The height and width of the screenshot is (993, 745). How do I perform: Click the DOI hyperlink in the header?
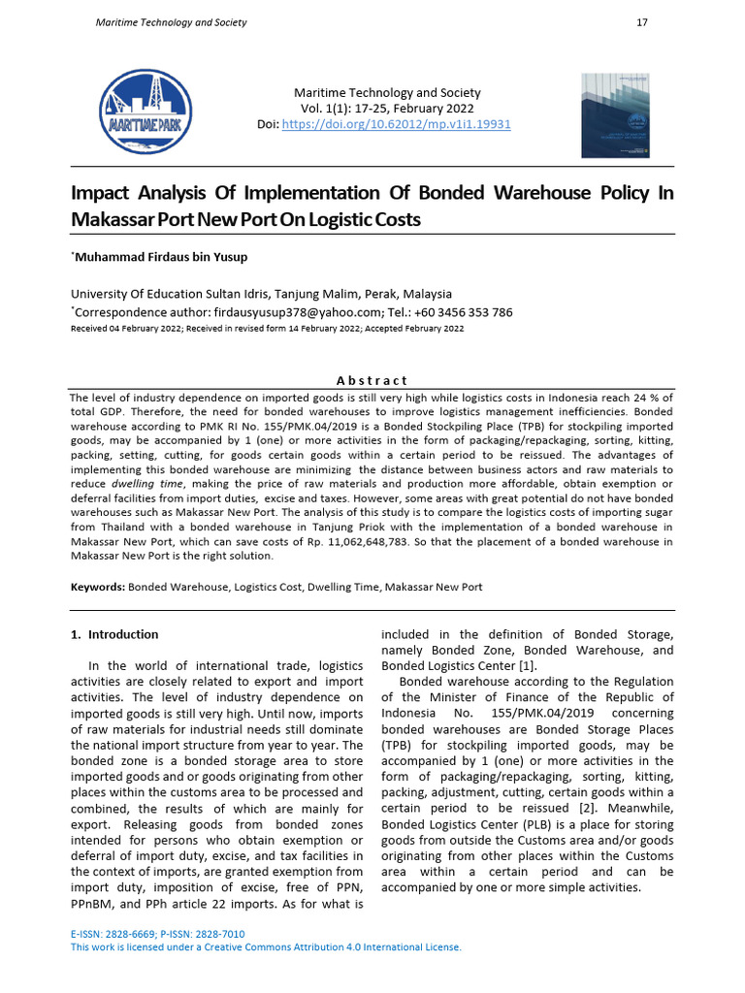click(396, 125)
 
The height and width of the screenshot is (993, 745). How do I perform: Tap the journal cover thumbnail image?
click(614, 115)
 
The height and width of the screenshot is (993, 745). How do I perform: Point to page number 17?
click(641, 22)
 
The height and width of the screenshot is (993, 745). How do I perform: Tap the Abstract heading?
click(372, 380)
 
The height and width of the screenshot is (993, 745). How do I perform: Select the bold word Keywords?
click(97, 587)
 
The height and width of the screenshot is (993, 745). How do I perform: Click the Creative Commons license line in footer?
click(267, 947)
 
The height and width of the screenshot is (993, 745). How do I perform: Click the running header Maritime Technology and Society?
click(171, 22)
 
